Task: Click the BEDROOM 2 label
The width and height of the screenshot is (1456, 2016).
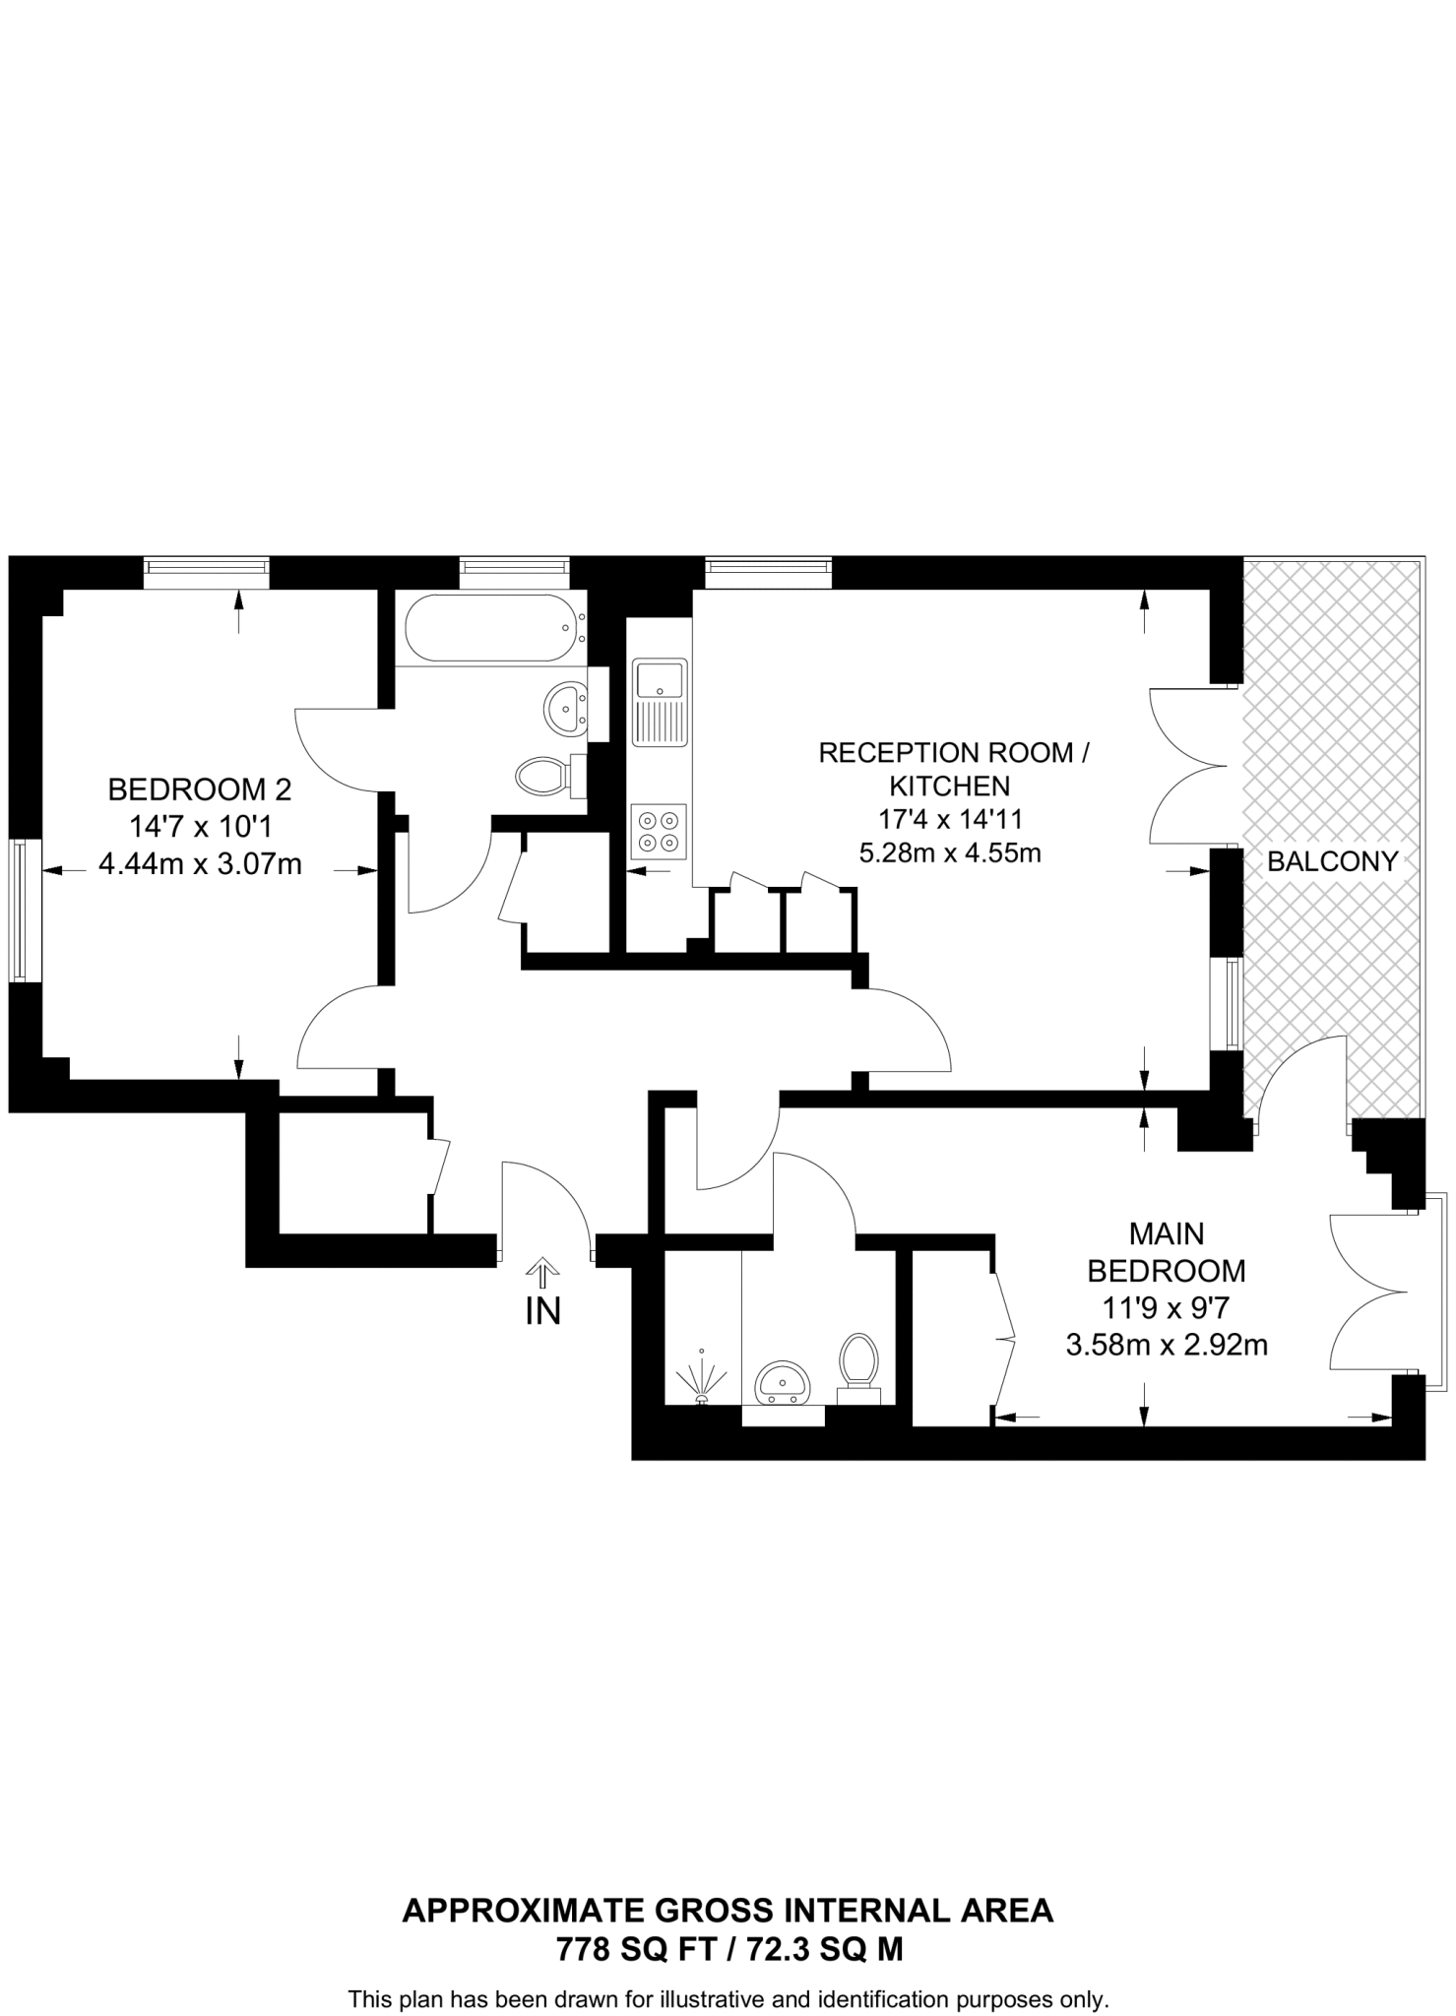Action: (200, 788)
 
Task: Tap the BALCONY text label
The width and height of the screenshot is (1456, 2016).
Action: (1332, 861)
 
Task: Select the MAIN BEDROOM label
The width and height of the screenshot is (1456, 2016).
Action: (1167, 1252)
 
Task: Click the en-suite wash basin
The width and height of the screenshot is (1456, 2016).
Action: (783, 1383)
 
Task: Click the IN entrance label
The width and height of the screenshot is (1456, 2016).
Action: (542, 1311)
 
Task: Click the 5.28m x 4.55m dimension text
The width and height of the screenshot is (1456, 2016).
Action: (950, 852)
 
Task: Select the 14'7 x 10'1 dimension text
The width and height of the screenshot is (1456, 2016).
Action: (200, 826)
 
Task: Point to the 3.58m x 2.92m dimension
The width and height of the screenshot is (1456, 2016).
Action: (1167, 1345)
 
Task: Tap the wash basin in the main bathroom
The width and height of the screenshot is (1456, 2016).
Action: (564, 706)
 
